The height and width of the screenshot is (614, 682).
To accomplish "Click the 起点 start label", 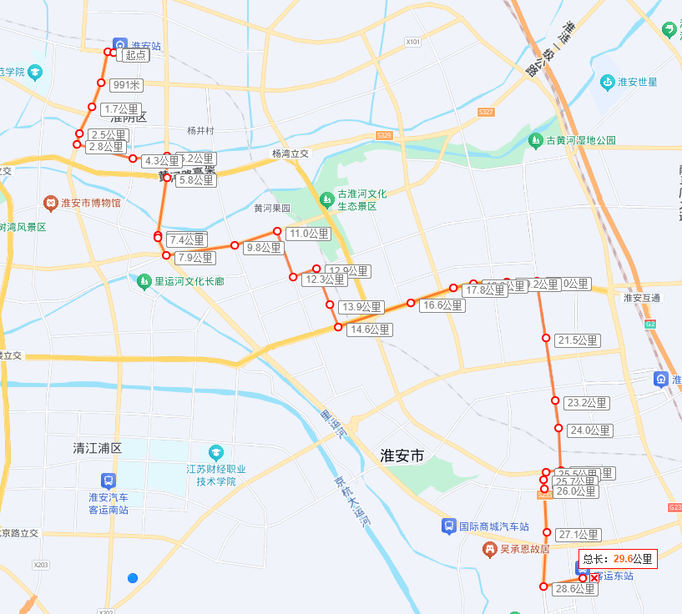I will click(135, 55).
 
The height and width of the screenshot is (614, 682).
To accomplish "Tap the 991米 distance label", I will click(127, 84).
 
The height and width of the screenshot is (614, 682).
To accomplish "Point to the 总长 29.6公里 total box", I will click(618, 559).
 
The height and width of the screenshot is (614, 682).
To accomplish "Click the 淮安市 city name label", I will click(402, 455).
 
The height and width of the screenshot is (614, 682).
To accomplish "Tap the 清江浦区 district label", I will click(98, 448).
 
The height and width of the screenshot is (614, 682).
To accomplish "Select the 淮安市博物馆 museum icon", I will click(52, 203).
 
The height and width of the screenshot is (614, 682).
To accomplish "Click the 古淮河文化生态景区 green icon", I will click(326, 199).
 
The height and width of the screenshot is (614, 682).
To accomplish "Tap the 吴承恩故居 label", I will click(524, 549).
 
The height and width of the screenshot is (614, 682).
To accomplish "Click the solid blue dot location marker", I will click(133, 578).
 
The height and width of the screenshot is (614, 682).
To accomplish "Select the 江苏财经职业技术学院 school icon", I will click(216, 451).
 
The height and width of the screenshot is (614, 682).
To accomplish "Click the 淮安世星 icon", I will click(607, 82).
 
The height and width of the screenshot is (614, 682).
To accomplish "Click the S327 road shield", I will click(487, 112).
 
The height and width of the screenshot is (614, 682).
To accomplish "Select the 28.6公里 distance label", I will click(575, 589).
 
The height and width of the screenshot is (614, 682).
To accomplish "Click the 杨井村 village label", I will click(201, 131).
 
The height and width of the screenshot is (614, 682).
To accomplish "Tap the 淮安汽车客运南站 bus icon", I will click(108, 481).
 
